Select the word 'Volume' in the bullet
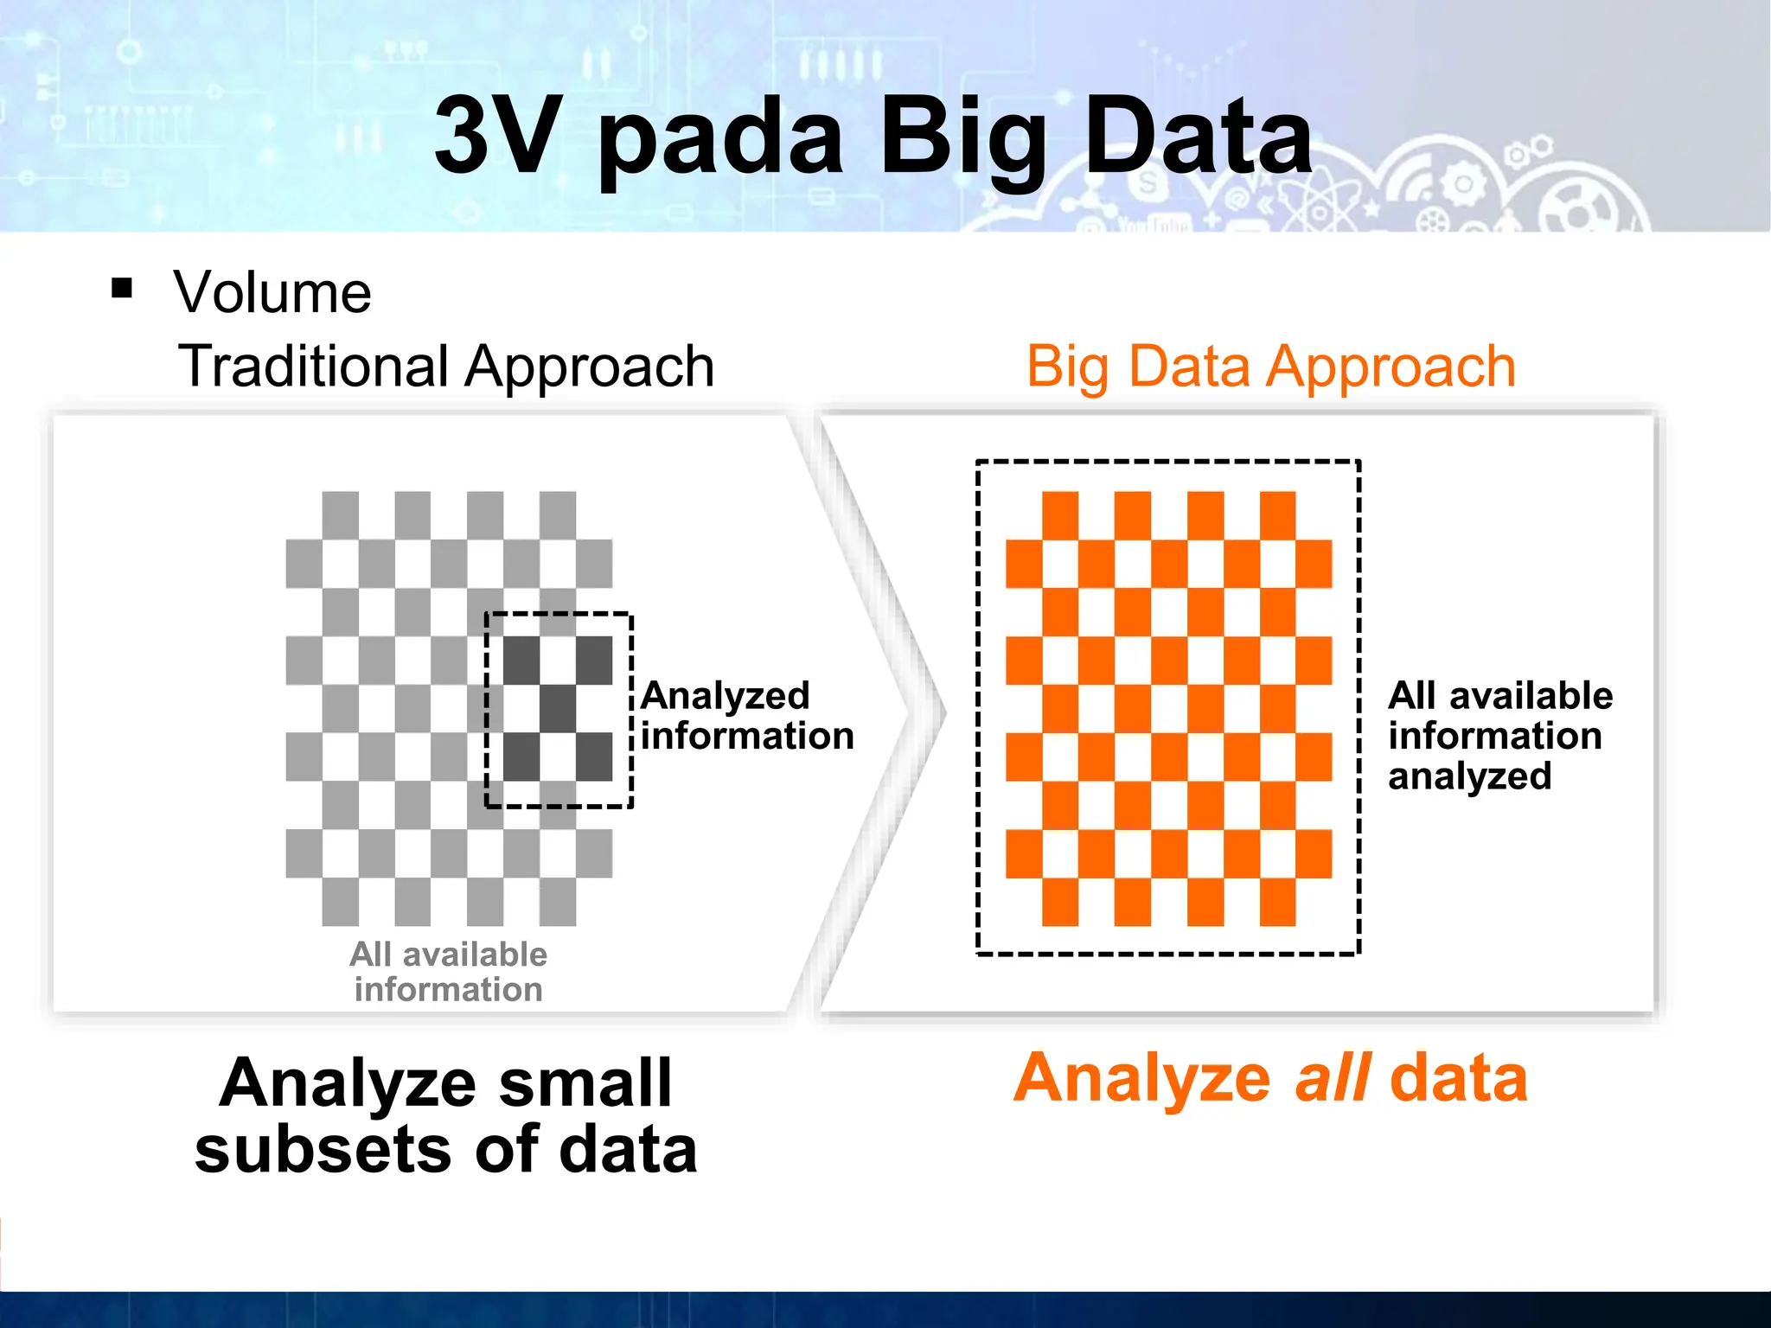(x=272, y=292)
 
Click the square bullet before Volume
(x=122, y=288)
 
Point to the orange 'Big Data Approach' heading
(x=1270, y=367)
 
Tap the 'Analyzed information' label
(x=746, y=716)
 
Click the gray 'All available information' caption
(x=448, y=972)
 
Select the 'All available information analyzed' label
(x=1499, y=736)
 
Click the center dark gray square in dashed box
(x=558, y=709)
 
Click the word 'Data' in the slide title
(x=1197, y=137)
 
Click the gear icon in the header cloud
(x=1463, y=184)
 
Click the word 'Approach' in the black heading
(x=590, y=367)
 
